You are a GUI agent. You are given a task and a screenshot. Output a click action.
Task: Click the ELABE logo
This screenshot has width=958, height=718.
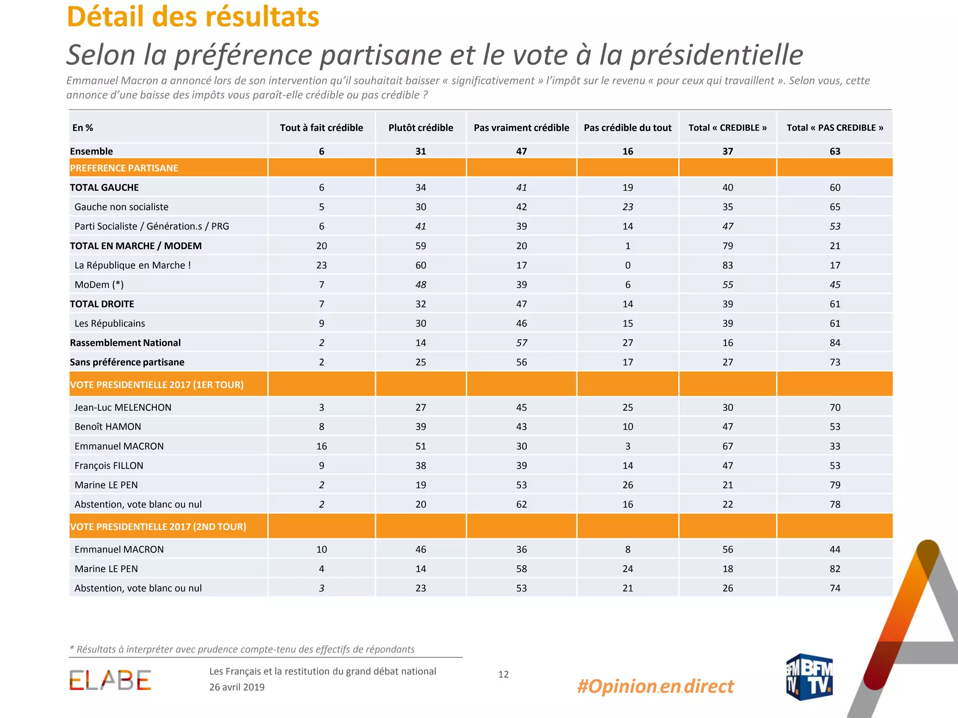(110, 680)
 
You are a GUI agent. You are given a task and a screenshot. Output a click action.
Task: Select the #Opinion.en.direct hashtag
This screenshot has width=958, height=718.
(655, 686)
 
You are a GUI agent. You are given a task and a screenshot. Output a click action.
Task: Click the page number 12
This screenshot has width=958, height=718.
(503, 674)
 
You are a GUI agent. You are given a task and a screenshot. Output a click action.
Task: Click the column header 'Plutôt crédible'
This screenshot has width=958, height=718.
(421, 128)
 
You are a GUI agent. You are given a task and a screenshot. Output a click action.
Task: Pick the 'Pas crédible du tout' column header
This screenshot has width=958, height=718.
(627, 128)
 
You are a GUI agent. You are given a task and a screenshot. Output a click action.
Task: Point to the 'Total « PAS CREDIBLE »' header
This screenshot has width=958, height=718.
(835, 128)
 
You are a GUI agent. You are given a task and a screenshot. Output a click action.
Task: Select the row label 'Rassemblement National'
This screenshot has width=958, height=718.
(125, 343)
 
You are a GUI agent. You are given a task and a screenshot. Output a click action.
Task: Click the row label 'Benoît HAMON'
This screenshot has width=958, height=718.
(108, 426)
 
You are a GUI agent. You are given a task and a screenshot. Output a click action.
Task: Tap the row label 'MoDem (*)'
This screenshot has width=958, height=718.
(99, 285)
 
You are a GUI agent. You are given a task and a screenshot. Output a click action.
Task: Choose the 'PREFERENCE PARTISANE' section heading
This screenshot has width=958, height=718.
(124, 168)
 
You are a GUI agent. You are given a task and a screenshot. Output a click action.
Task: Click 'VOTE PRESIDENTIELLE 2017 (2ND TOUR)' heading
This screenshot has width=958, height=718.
(158, 526)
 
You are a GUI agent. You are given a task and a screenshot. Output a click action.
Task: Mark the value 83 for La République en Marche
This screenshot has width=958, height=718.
(727, 265)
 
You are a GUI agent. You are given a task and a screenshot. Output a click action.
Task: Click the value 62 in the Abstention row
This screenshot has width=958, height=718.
(522, 504)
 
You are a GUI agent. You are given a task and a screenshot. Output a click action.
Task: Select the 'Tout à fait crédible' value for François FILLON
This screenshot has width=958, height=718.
(321, 466)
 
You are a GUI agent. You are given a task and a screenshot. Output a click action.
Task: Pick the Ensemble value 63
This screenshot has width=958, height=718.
(835, 151)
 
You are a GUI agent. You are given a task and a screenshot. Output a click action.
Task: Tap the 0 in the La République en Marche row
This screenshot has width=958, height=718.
(628, 265)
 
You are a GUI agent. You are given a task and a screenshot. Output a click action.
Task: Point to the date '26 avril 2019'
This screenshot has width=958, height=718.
(237, 687)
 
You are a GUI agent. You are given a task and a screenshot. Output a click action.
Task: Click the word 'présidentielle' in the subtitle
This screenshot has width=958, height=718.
(717, 55)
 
